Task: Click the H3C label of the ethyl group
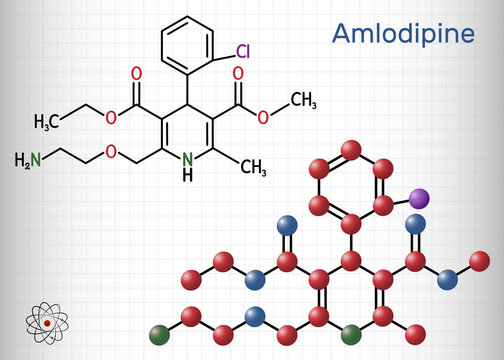(x=49, y=121)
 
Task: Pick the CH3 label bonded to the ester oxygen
(x=304, y=99)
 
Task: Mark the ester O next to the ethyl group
(x=107, y=113)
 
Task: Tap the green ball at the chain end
(x=157, y=327)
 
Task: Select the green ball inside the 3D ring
(x=350, y=327)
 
